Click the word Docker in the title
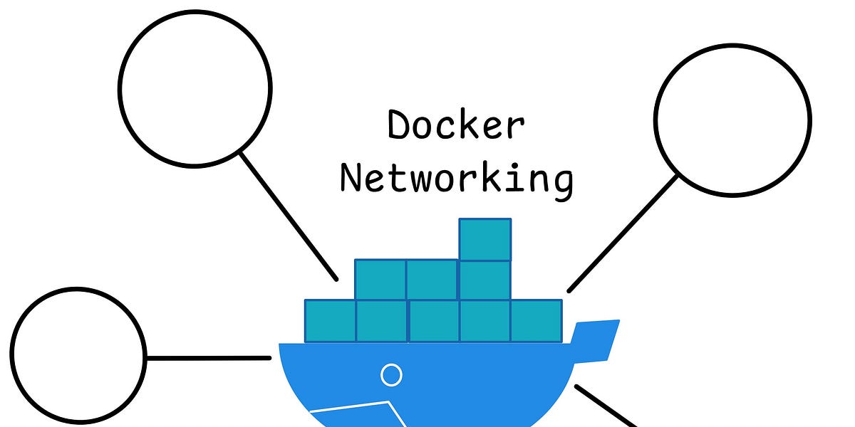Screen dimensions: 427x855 point(456,126)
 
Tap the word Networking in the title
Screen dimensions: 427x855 point(456,178)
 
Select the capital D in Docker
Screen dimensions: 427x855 point(400,126)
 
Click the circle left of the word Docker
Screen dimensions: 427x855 point(195,88)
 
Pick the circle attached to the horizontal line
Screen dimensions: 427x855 point(78,355)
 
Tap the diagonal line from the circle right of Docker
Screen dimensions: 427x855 point(622,234)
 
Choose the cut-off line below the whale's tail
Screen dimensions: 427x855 point(606,406)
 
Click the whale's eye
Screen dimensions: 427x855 point(391,374)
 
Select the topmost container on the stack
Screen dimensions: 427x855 point(485,239)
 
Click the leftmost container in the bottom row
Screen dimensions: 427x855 point(330,321)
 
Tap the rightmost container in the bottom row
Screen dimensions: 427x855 point(537,321)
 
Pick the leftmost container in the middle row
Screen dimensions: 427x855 point(380,280)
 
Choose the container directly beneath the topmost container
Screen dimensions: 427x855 point(485,280)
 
